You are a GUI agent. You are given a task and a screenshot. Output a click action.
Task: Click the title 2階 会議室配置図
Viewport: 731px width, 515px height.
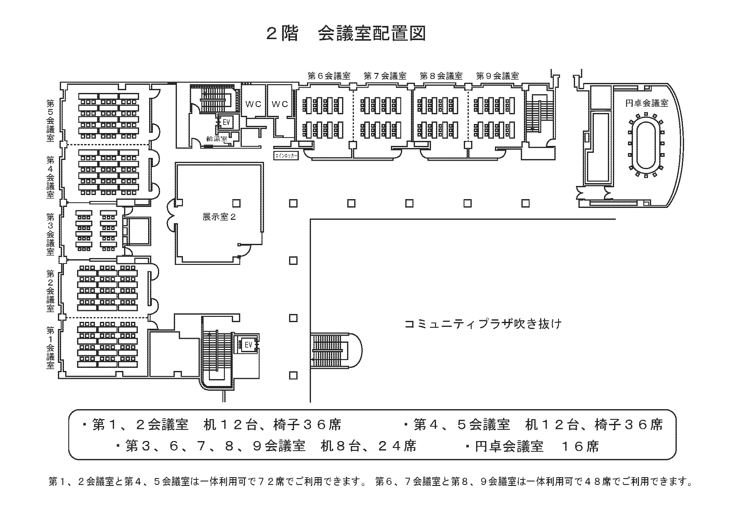click(346, 34)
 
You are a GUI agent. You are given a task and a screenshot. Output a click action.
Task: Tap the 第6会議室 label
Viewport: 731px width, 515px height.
click(329, 76)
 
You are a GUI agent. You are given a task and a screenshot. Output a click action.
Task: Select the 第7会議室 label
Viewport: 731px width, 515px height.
click(385, 76)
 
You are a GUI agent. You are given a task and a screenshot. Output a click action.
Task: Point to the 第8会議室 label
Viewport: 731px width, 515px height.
click(441, 76)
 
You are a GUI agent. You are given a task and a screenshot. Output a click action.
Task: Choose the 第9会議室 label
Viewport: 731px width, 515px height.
click(497, 76)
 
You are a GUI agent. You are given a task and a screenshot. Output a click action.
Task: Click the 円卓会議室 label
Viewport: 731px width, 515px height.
click(646, 103)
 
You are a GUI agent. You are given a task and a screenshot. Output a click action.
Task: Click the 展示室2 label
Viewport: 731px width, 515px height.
click(219, 217)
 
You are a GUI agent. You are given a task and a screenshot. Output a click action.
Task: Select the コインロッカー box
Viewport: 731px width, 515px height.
click(286, 156)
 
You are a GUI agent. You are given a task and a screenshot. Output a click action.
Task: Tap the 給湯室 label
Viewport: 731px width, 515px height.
click(216, 138)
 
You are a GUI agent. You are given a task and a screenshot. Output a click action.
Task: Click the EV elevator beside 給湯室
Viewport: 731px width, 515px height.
click(226, 122)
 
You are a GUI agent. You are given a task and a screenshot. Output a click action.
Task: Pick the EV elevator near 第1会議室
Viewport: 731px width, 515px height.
click(248, 345)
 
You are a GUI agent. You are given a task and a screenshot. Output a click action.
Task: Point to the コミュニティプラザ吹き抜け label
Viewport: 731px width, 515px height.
click(483, 324)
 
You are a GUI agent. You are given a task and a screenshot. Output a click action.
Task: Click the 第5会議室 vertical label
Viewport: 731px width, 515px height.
click(51, 121)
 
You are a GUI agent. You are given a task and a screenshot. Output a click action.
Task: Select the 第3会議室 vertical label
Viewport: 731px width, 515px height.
click(51, 234)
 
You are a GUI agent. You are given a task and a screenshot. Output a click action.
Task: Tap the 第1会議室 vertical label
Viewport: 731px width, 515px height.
click(51, 348)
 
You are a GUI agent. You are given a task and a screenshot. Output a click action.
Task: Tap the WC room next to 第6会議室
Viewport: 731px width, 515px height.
click(280, 104)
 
